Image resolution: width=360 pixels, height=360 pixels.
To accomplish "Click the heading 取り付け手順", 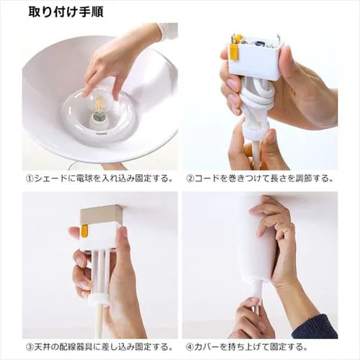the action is click(66, 12).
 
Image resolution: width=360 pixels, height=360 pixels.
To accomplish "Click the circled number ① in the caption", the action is click(30, 179).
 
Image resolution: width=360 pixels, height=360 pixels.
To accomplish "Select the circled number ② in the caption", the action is click(189, 179).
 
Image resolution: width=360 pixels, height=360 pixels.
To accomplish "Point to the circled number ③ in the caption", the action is click(30, 347).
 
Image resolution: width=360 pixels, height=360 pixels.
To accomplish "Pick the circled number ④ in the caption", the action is click(189, 347).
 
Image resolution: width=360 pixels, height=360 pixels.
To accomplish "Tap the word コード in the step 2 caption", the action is click(207, 179).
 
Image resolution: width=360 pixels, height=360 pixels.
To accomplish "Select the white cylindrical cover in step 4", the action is click(258, 243).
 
